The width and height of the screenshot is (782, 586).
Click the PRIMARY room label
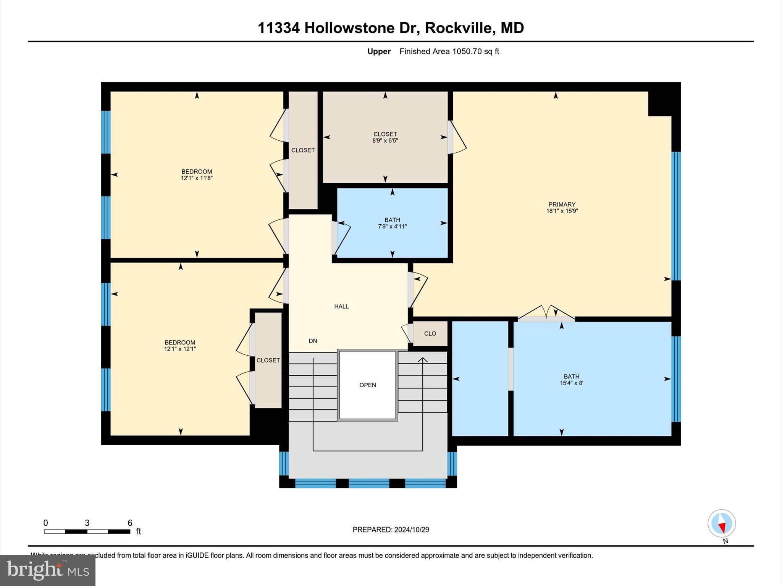(x=562, y=204)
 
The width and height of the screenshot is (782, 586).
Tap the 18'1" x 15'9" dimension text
(x=562, y=211)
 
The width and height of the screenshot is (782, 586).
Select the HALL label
(x=341, y=306)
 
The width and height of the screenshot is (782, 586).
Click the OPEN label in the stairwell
(x=367, y=385)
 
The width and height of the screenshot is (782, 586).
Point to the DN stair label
(x=313, y=341)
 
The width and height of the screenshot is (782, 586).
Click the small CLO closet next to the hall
(x=430, y=333)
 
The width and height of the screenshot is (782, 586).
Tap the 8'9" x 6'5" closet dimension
(x=385, y=141)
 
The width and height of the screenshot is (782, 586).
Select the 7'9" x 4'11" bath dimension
(x=392, y=227)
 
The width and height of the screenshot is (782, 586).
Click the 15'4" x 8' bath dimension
(x=571, y=383)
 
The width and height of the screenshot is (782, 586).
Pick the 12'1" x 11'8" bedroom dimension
(x=197, y=178)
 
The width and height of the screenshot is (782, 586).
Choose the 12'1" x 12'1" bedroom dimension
(x=180, y=349)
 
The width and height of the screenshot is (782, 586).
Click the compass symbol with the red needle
(x=721, y=523)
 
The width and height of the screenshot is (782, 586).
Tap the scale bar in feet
(x=87, y=531)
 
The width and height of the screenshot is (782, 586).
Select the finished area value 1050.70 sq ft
(x=475, y=52)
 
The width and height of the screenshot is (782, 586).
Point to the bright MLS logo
(x=48, y=570)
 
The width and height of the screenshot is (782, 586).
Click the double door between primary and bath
(x=546, y=314)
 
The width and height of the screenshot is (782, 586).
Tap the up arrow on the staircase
(x=422, y=360)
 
